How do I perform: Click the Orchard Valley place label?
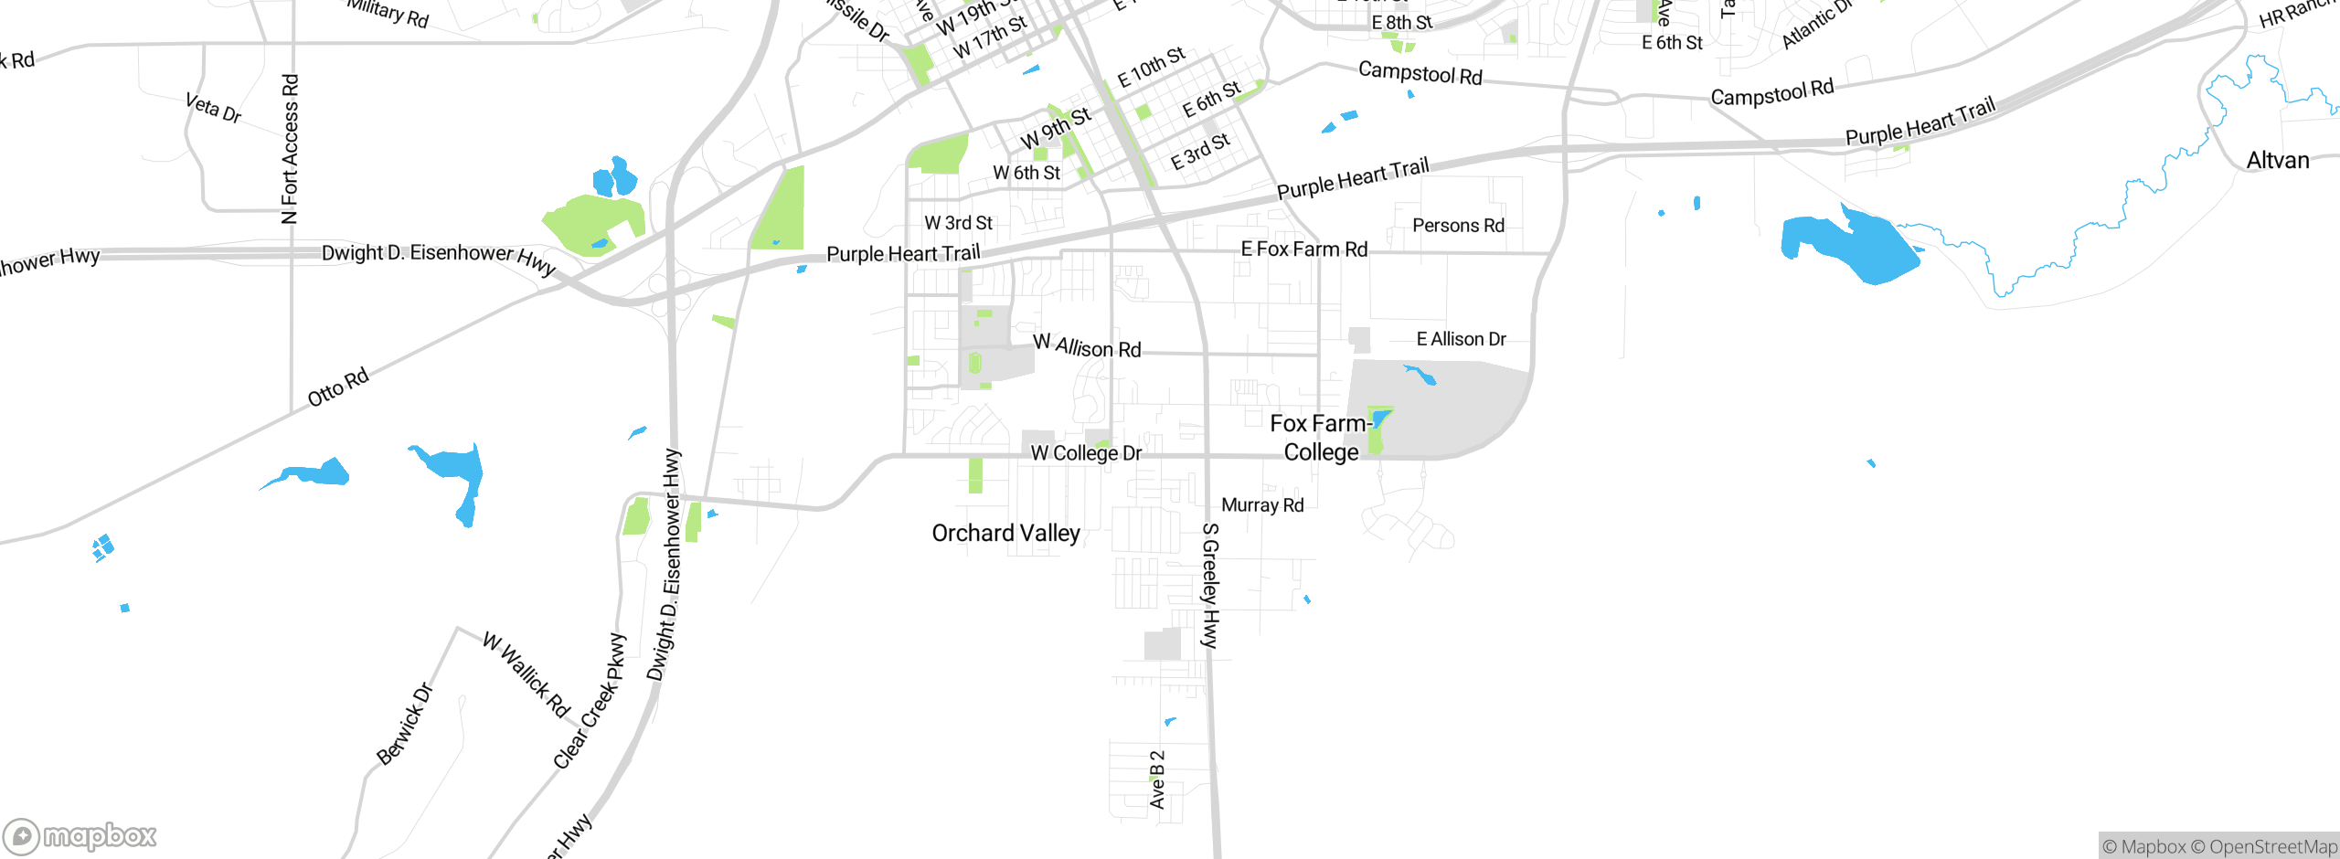coord(1005,533)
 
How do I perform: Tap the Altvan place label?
coord(2277,161)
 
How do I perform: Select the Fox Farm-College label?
coord(1319,438)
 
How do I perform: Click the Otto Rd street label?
coord(338,387)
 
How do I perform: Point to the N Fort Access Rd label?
coord(290,149)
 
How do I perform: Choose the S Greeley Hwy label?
coord(1209,586)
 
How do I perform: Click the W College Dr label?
coord(1086,453)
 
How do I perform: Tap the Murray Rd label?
coord(1262,505)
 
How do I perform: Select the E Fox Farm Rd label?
coord(1303,249)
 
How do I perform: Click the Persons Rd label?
coord(1458,226)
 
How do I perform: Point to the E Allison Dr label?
coord(1461,340)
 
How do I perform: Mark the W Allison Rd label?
coord(1087,346)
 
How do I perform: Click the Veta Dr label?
coord(213,108)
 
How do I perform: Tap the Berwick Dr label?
coord(404,724)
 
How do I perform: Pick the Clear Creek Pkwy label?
coord(590,702)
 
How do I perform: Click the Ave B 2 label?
coord(1157,779)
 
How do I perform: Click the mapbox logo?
coord(80,835)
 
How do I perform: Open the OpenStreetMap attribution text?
coord(2263,847)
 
